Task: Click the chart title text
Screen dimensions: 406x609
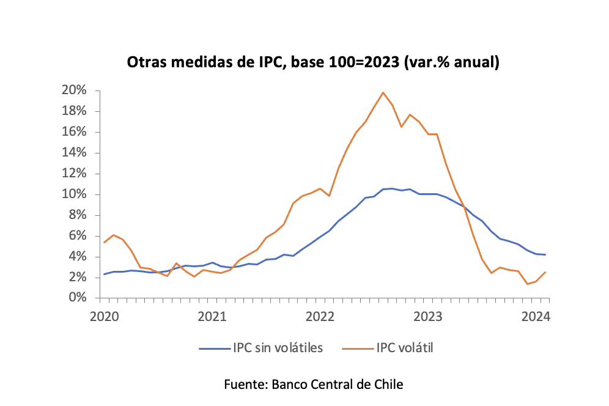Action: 313,62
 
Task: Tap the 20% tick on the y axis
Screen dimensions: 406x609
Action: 73,90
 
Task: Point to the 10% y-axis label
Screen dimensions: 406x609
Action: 73,194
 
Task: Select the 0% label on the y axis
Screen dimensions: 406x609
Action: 76,298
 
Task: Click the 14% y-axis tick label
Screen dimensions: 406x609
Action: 73,153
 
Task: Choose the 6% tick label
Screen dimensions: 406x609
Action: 76,236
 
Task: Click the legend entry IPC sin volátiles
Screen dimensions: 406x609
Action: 278,348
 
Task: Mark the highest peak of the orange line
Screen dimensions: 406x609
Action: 383,92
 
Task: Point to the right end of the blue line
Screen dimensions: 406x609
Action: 545,254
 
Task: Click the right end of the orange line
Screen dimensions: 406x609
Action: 545,272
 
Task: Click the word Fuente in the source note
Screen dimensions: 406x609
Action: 245,385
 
